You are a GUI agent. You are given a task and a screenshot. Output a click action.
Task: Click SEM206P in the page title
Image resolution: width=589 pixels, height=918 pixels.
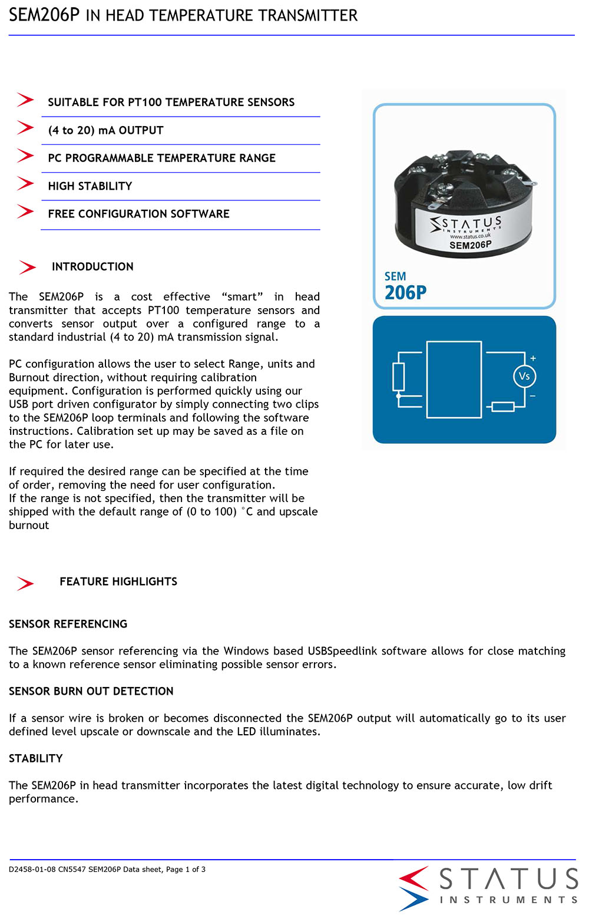click(x=44, y=15)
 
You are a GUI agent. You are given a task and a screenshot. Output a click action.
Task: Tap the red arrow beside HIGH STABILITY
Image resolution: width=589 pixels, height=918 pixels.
click(x=25, y=184)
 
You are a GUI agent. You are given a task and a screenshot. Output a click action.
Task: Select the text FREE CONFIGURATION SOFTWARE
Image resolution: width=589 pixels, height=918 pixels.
click(x=138, y=214)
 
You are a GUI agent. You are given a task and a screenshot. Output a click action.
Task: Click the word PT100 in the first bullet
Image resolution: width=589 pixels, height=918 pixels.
click(x=144, y=102)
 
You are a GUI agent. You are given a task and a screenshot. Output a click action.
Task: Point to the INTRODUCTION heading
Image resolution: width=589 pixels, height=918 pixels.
click(x=92, y=267)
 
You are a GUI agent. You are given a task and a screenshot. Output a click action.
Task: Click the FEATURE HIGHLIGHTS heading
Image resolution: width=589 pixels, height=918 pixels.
click(x=118, y=582)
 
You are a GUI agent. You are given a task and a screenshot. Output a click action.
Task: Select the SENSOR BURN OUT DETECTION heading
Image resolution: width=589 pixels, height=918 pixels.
click(x=91, y=691)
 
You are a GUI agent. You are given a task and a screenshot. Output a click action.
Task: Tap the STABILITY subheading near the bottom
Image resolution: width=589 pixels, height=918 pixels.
click(x=36, y=758)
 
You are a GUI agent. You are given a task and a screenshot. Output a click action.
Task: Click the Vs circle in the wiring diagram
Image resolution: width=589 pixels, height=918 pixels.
click(x=524, y=377)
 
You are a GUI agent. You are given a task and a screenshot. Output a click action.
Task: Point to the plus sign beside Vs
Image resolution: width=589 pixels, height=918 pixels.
click(x=533, y=358)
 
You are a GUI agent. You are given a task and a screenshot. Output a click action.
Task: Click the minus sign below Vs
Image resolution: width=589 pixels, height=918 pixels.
click(x=532, y=396)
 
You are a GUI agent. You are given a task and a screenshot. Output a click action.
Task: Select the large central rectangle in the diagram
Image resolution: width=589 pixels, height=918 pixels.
click(x=454, y=379)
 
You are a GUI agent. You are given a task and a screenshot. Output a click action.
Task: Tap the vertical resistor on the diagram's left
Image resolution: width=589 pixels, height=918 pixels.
click(x=399, y=377)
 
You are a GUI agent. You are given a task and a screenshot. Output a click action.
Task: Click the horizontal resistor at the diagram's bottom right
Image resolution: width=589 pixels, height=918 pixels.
click(x=502, y=407)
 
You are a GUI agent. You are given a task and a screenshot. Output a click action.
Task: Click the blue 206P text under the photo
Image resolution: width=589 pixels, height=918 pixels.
click(x=405, y=292)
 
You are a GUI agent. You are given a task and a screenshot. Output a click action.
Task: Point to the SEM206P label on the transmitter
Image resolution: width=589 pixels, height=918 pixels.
click(x=470, y=245)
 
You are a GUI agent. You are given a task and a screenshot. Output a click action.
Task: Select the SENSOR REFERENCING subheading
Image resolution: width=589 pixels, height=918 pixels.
click(x=68, y=624)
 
